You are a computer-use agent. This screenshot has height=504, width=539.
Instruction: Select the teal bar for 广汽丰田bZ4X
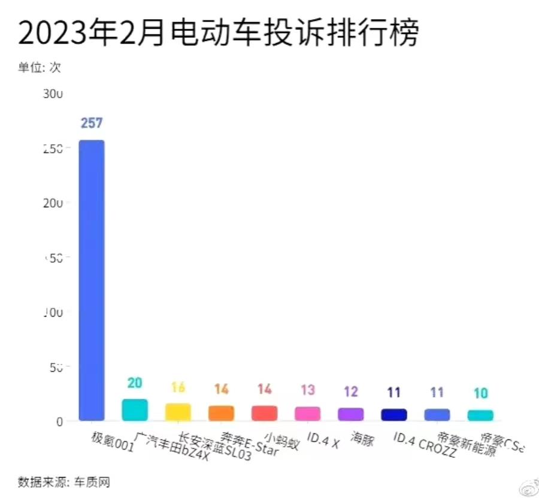coord(135,410)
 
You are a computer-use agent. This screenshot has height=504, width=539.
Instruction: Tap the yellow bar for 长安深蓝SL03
coord(178,412)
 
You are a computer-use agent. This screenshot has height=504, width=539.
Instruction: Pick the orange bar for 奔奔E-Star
coord(221,413)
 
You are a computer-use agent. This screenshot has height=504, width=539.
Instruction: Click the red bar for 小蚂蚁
coord(264,413)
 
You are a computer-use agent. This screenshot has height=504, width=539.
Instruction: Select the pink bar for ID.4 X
coord(307,414)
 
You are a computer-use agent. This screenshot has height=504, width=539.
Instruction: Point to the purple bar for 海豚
coord(350,414)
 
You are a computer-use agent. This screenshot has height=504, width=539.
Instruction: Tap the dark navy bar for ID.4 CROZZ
coord(393,415)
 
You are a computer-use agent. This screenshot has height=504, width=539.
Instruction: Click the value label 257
coord(92,123)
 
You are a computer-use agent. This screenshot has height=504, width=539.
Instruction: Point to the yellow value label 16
coord(178,387)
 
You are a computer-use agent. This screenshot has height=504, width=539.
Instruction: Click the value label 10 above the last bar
coord(480,393)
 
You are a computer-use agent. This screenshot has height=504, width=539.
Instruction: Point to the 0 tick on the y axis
coord(59,422)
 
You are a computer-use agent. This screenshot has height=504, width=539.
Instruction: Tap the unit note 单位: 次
coord(39,68)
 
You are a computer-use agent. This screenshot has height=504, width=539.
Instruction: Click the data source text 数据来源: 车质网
coord(63,482)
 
